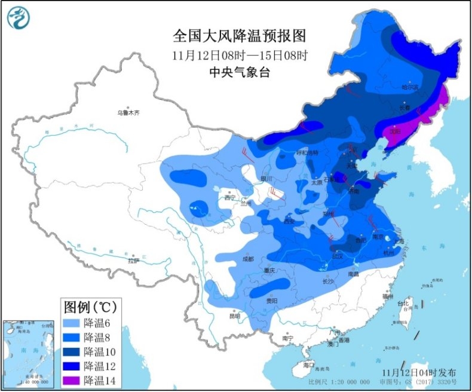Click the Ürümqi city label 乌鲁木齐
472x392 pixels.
click(131, 112)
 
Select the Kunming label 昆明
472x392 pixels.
click(234, 315)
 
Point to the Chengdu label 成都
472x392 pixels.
click(248, 259)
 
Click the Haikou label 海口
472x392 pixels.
click(308, 365)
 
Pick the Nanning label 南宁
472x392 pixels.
click(287, 338)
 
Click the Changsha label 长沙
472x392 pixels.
click(328, 281)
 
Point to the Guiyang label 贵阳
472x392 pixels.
click(272, 301)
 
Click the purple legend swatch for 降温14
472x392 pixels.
click(72, 379)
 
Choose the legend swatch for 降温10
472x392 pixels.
click(72, 351)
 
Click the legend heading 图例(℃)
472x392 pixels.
click(90, 307)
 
